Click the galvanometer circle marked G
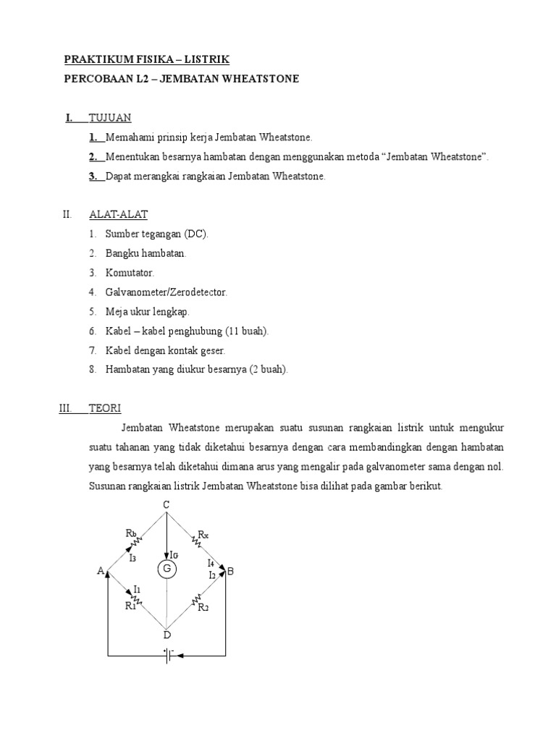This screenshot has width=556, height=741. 167,569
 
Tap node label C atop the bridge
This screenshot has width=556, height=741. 167,504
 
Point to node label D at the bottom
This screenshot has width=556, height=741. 167,635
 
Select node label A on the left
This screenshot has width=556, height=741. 101,570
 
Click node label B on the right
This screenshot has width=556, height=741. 230,571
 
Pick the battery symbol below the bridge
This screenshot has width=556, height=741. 169,656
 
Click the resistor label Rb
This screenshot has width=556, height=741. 131,533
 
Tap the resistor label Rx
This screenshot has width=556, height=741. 203,536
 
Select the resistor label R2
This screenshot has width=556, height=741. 203,608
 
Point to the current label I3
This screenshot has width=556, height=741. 132,558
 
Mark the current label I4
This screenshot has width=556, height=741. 211,562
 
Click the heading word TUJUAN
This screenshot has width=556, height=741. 109,117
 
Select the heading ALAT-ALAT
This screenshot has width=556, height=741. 117,214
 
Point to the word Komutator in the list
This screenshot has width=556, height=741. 130,273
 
